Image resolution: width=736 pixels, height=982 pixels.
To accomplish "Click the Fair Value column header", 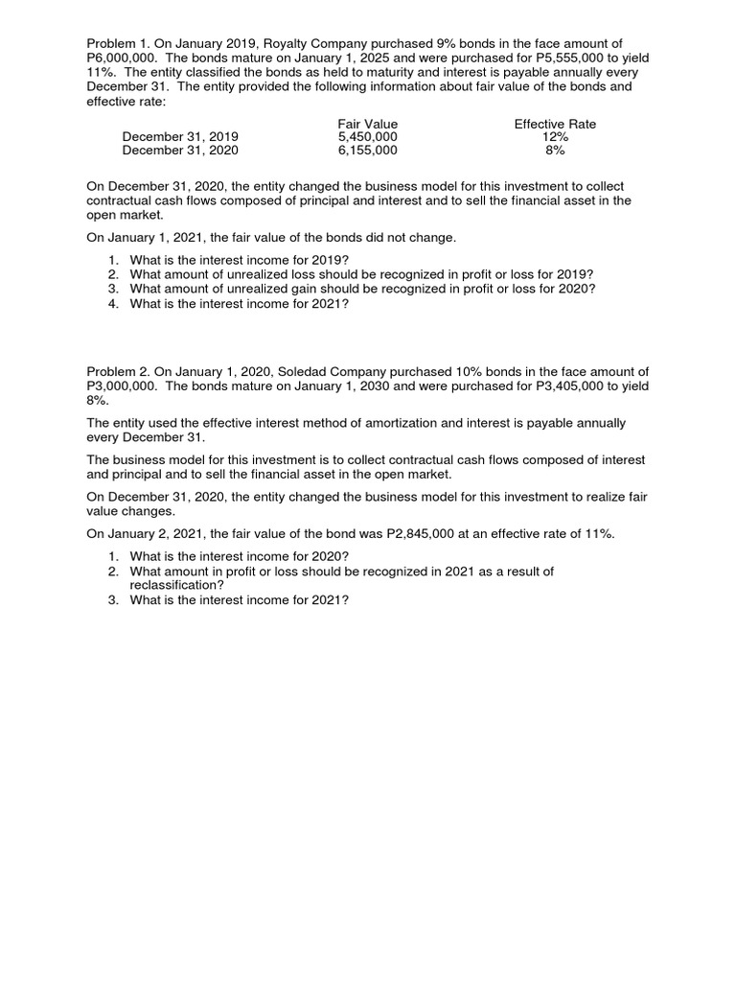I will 367,125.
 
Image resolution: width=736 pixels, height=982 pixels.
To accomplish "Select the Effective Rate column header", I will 555,125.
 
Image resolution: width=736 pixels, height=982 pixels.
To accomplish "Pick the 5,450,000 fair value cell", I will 367,137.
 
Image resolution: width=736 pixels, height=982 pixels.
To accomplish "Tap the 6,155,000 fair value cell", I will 367,151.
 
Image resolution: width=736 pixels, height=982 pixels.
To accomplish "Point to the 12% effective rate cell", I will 555,137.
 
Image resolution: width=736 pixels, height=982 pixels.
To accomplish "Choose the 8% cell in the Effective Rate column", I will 555,151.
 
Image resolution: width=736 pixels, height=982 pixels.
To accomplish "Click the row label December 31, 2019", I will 180,137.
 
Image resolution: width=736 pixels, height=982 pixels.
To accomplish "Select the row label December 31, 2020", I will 180,151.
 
